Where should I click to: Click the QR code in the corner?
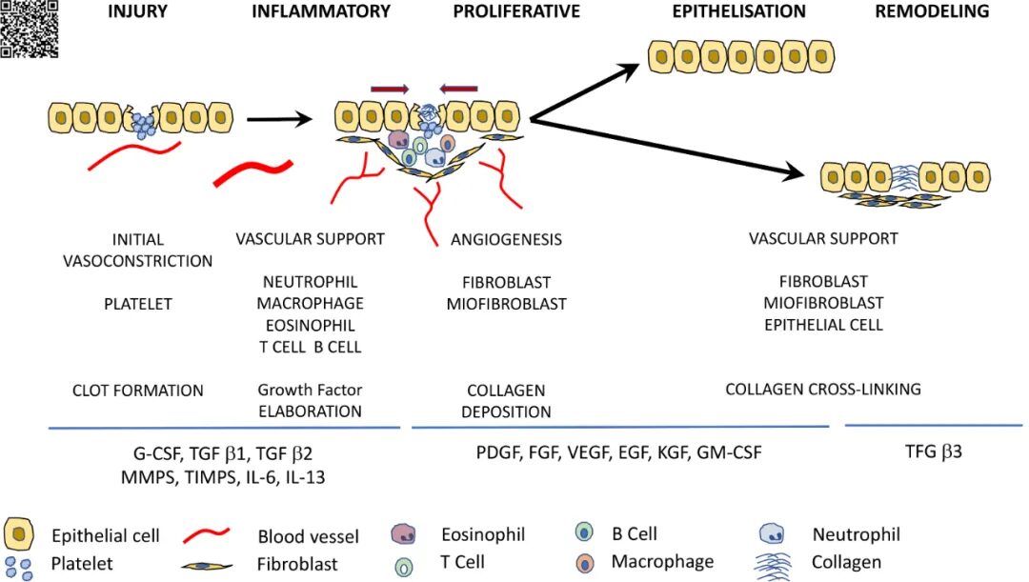pyautogui.click(x=29, y=29)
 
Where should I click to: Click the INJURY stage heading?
pyautogui.click(x=137, y=11)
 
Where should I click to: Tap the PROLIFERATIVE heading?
pyautogui.click(x=516, y=11)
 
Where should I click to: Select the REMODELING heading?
pyautogui.click(x=932, y=11)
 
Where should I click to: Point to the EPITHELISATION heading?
pyautogui.click(x=739, y=11)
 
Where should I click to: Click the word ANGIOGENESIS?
pyautogui.click(x=506, y=239)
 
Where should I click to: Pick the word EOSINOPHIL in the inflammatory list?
pyautogui.click(x=310, y=326)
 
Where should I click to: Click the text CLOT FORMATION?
pyautogui.click(x=138, y=391)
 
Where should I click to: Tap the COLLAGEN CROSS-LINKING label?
pyautogui.click(x=823, y=389)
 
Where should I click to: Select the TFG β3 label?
pyautogui.click(x=933, y=452)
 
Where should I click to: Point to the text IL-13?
pyautogui.click(x=305, y=477)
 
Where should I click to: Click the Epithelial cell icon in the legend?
pyautogui.click(x=19, y=533)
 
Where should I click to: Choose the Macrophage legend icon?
pyautogui.click(x=585, y=562)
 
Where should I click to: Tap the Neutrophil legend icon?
pyautogui.click(x=772, y=533)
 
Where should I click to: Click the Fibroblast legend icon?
pyautogui.click(x=207, y=566)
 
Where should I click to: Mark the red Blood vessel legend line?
pyautogui.click(x=206, y=535)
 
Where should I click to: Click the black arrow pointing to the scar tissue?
pyautogui.click(x=667, y=148)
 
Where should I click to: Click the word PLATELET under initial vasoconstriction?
pyautogui.click(x=138, y=305)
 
